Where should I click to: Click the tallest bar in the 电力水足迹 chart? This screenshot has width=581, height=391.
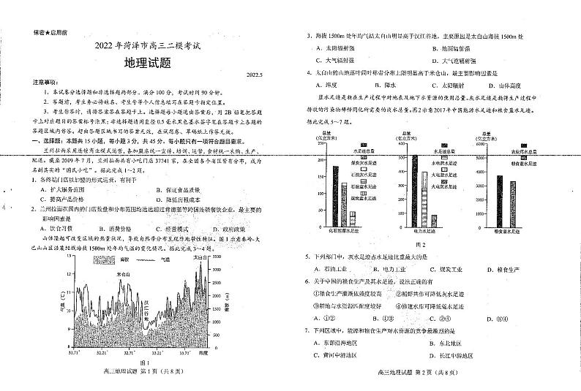click(415, 190)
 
